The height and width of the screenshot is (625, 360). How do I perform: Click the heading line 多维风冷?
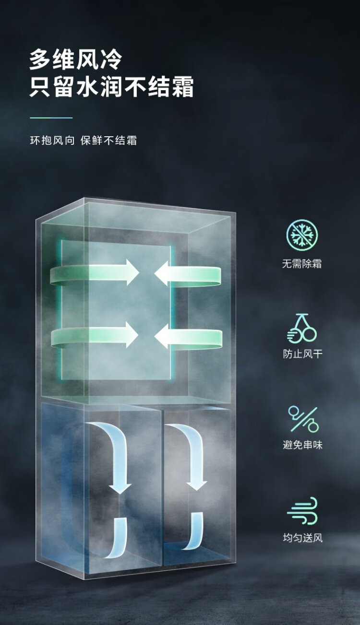[x=76, y=59]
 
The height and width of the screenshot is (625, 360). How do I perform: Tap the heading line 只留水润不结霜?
[x=111, y=87]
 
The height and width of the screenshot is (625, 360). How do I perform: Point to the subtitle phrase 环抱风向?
[x=52, y=141]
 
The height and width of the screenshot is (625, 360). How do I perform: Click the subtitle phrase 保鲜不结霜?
[x=109, y=141]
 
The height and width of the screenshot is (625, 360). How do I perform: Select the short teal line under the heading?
[x=51, y=118]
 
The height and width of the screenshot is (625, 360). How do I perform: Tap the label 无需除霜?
[x=302, y=263]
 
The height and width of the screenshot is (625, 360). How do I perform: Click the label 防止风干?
[x=302, y=354]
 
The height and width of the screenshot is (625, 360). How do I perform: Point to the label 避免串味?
[x=302, y=445]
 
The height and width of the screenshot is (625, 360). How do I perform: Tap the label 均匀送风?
[x=302, y=538]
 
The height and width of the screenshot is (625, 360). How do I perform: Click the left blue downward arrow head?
[x=120, y=488]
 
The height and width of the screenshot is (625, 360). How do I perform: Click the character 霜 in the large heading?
[x=183, y=87]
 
